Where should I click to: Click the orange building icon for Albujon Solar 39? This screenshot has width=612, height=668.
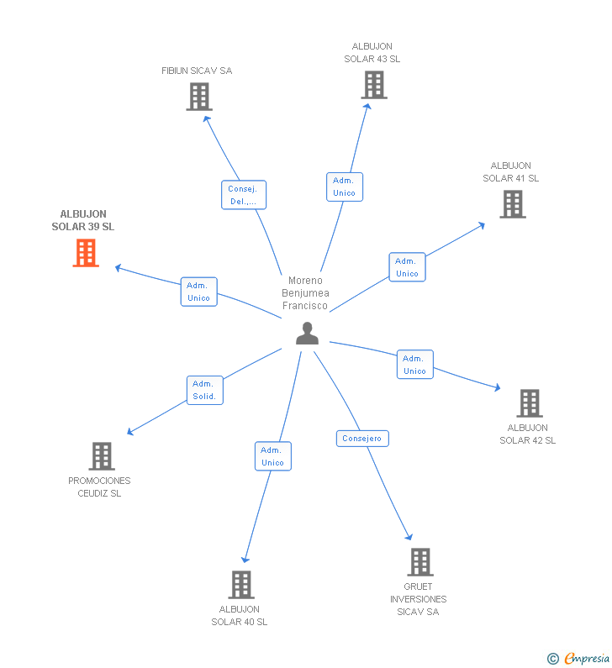(86, 253)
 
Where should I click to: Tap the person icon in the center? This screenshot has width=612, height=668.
(308, 333)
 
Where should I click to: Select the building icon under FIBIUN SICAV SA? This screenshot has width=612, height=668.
(199, 97)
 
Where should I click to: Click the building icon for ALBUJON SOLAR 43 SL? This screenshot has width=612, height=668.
(374, 85)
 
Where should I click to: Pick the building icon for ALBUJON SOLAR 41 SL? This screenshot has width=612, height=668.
(513, 204)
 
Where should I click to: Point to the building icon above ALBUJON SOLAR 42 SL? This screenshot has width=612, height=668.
(530, 403)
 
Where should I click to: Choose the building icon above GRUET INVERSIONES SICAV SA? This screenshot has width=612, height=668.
(420, 562)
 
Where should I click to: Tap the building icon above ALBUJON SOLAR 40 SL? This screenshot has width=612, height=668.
(241, 585)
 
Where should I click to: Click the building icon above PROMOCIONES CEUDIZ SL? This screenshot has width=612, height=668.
(102, 456)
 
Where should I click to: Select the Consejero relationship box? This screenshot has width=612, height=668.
(362, 439)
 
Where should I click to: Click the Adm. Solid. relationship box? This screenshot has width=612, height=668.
(204, 390)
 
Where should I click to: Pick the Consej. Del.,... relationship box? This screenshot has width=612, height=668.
(243, 195)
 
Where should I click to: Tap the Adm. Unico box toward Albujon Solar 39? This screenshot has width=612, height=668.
(198, 292)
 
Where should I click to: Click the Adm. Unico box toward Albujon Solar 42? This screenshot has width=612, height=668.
(414, 364)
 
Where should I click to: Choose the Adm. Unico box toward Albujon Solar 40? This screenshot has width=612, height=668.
(272, 456)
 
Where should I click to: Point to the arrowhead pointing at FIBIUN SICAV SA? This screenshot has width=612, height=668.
(206, 118)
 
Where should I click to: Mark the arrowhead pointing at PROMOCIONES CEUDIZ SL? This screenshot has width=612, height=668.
(130, 433)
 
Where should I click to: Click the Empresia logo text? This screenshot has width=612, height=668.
(587, 658)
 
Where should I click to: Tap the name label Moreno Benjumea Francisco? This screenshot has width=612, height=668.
(305, 293)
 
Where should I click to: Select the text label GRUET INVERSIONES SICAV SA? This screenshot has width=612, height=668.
(418, 599)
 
